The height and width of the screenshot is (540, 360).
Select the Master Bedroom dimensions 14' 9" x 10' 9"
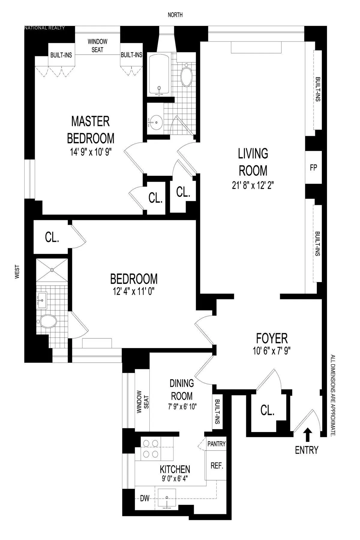pyautogui.click(x=91, y=152)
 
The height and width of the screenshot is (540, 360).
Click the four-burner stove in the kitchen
pyautogui.click(x=151, y=448)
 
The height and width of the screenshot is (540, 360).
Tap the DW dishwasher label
pyautogui.click(x=145, y=499)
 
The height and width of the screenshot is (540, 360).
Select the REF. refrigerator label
pyautogui.click(x=217, y=466)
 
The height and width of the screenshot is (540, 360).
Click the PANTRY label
pyautogui.click(x=216, y=444)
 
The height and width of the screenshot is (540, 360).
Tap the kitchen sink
pyautogui.click(x=166, y=498)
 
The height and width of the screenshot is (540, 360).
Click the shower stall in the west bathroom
pyautogui.click(x=52, y=270)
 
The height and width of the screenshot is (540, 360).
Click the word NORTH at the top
pyautogui.click(x=175, y=15)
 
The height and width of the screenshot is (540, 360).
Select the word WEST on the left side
pyautogui.click(x=17, y=271)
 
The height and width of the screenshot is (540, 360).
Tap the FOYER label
pyautogui.click(x=272, y=338)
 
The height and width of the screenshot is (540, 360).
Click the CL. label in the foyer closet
pyautogui.click(x=267, y=410)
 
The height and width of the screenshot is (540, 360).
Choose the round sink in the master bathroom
pyautogui.click(x=155, y=122)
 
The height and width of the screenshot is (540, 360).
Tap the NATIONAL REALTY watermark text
pyautogui.click(x=44, y=28)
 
